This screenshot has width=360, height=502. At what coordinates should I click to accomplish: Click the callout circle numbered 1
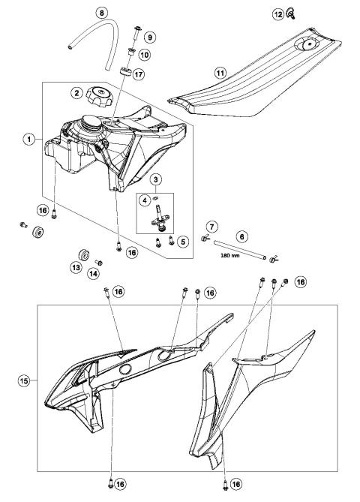coord(28,139)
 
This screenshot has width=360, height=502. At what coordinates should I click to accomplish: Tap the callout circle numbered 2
coord(76,93)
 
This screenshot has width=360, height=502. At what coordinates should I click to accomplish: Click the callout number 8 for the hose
coord(103,12)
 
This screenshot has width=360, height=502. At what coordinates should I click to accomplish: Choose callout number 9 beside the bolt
coord(149,37)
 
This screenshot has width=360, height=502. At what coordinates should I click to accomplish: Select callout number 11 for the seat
coord(220,73)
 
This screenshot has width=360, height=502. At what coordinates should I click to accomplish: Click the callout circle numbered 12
coord(278,14)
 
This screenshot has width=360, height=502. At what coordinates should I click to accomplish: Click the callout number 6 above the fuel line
coord(241,235)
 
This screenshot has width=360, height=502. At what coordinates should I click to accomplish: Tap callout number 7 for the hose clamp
coord(212,227)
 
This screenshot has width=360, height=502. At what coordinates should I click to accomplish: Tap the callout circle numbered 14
coord(95,275)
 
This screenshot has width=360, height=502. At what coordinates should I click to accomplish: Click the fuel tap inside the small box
coord(160,223)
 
